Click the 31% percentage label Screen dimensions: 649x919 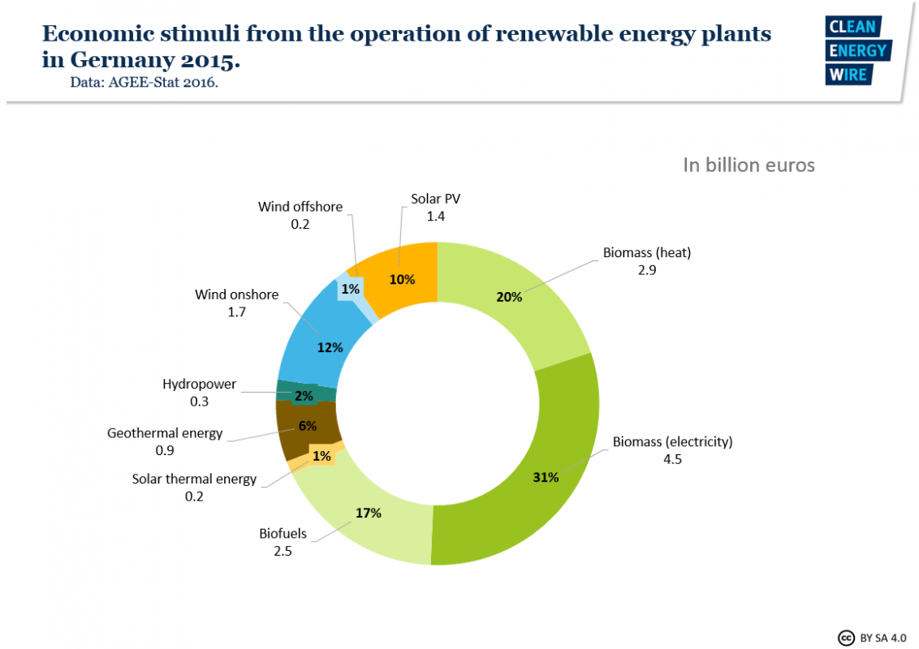545,477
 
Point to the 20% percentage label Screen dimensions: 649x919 509,297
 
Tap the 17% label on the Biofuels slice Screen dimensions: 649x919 368,513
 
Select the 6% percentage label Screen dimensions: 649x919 308,426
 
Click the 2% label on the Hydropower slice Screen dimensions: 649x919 304,396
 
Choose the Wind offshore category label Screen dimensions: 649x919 300,207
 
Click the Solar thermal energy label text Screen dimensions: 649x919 194,479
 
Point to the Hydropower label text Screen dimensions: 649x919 200,384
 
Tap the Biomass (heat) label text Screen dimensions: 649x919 646,252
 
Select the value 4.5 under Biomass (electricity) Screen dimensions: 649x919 672,460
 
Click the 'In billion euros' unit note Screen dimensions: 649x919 749,165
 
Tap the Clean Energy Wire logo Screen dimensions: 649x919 858,50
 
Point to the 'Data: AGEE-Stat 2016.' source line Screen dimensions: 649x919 145,82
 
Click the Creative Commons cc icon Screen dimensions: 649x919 845,637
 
